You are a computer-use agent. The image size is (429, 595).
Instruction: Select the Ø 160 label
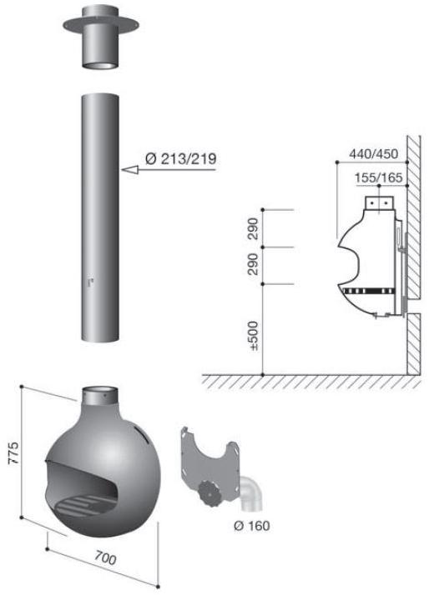[251, 526]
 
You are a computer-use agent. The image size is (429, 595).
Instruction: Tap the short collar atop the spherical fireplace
[99, 394]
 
